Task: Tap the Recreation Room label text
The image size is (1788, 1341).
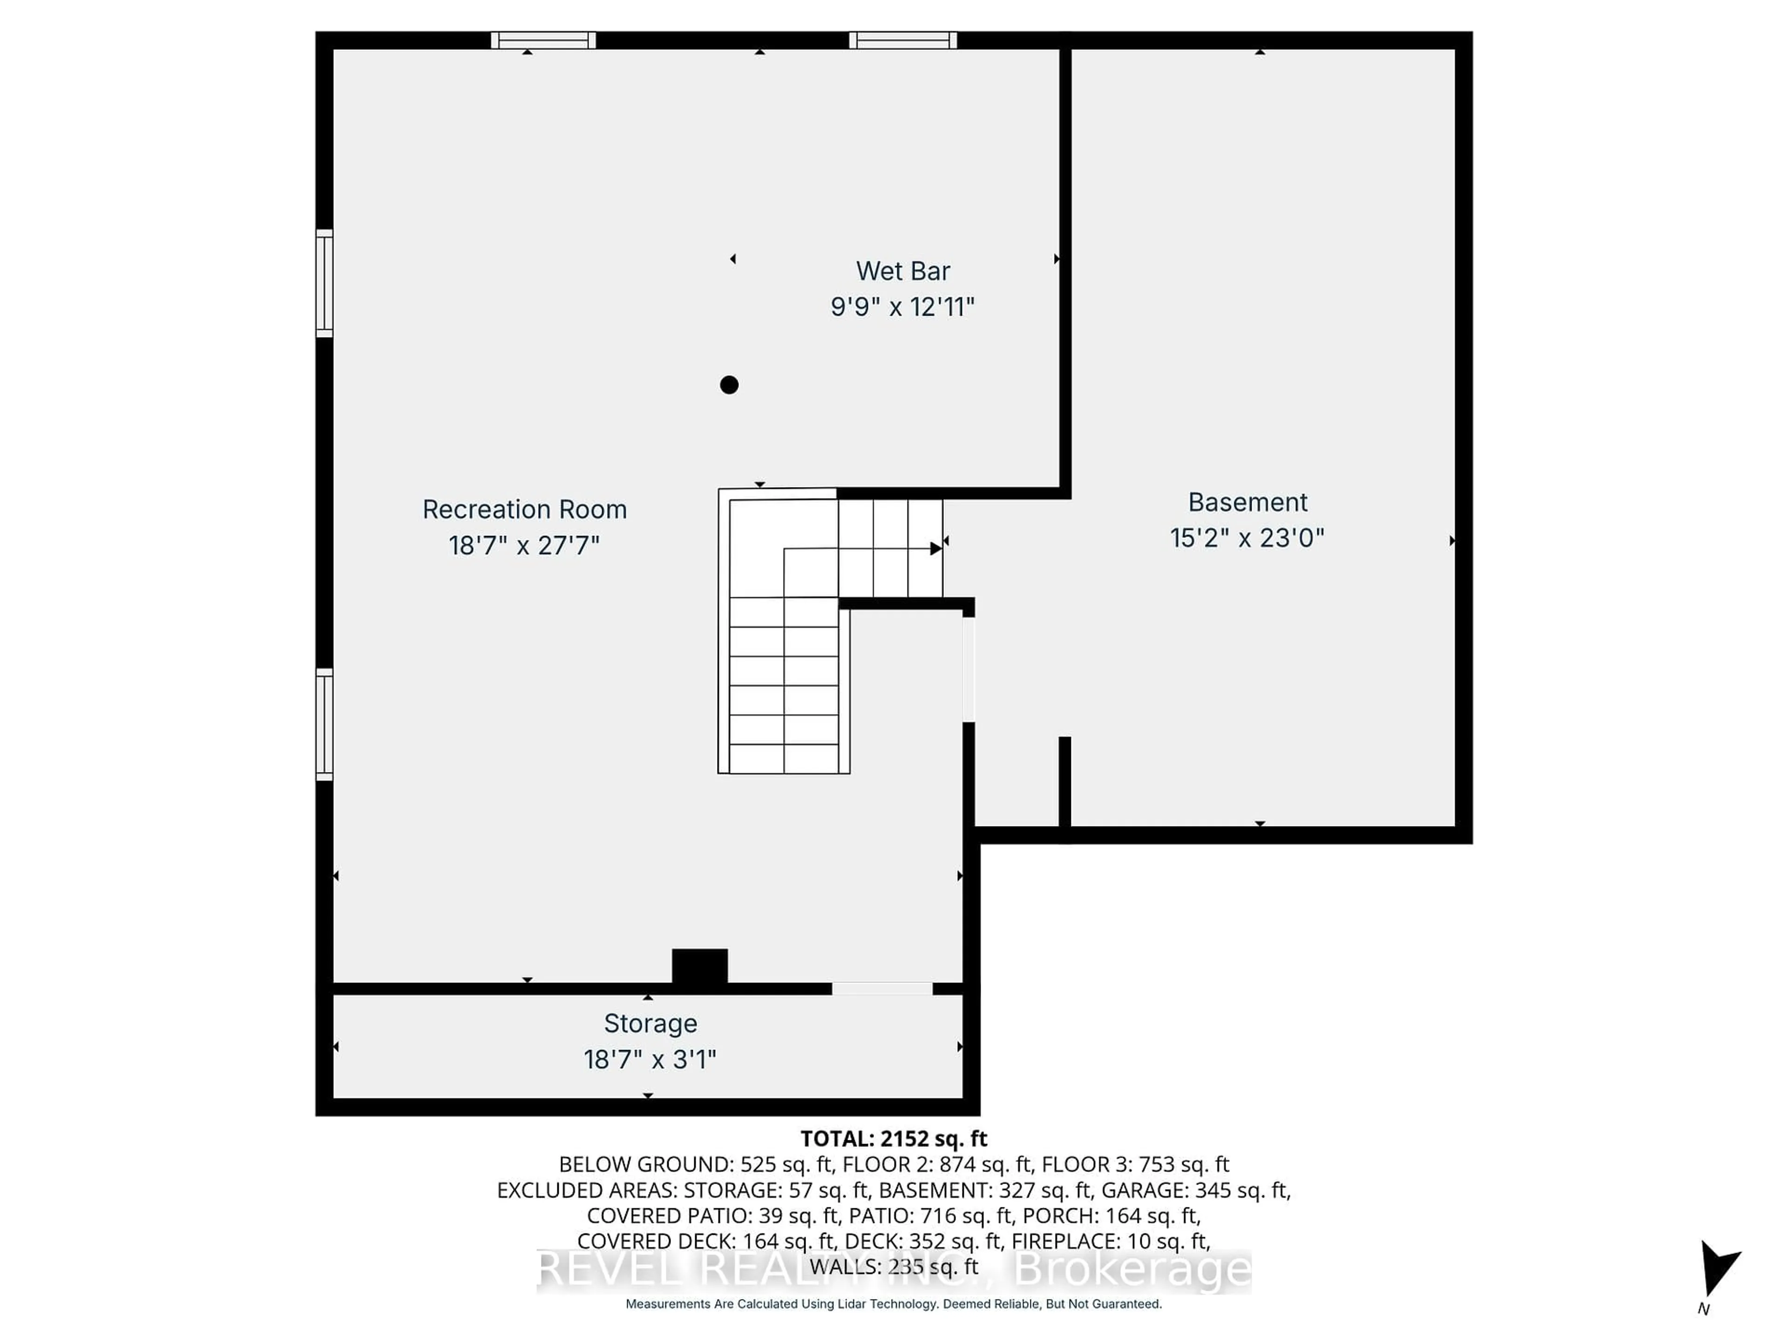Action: click(525, 509)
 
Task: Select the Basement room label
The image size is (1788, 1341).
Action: click(1247, 502)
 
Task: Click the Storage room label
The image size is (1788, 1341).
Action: click(650, 1023)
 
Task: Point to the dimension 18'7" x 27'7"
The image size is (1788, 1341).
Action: click(525, 546)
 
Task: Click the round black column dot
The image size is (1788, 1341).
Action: click(729, 385)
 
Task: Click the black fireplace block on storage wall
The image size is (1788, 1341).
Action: click(700, 966)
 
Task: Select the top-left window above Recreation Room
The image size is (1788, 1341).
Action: click(543, 41)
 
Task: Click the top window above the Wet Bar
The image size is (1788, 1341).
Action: click(903, 41)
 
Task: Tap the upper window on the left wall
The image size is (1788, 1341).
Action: click(324, 283)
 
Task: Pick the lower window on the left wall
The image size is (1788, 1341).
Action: click(324, 724)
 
